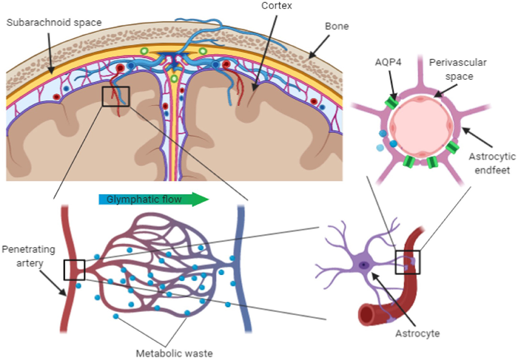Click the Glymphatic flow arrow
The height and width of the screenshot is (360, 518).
point(153,199)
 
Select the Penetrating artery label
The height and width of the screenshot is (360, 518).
point(28,256)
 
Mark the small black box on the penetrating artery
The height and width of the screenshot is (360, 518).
point(74,270)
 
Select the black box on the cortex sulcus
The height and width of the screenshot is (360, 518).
point(116,96)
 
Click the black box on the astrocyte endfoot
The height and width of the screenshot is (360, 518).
point(408,262)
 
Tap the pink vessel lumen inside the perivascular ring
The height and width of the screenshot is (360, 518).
point(420,128)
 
